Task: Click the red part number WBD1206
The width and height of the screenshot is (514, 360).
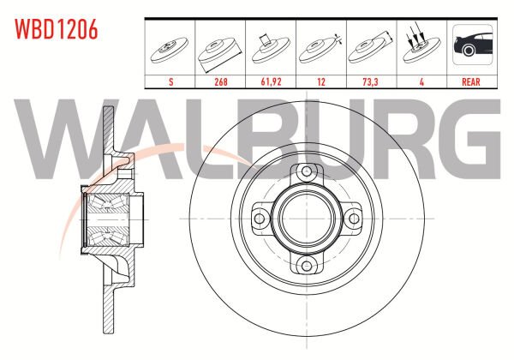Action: (x=56, y=29)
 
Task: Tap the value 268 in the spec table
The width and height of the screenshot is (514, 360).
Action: (x=221, y=81)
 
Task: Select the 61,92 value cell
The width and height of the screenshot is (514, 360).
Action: (x=271, y=81)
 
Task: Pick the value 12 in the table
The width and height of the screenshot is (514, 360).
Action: (x=321, y=81)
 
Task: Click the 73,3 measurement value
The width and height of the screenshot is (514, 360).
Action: (x=370, y=81)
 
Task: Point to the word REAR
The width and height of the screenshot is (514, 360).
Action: (x=470, y=81)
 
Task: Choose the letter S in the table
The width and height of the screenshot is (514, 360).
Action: (x=170, y=81)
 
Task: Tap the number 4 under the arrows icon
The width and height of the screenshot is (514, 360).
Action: (x=421, y=81)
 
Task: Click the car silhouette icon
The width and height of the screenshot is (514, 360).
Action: (x=472, y=45)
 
